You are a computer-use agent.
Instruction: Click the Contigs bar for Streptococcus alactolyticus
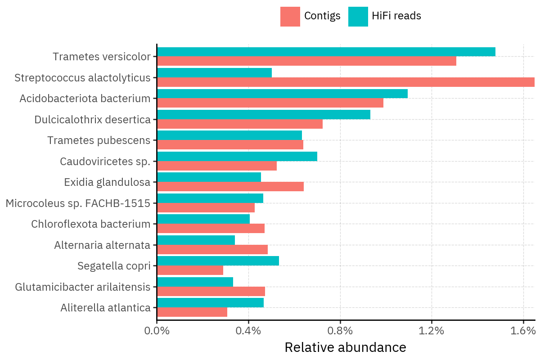pyautogui.click(x=346, y=82)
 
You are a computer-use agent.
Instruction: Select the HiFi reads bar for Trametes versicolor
pyautogui.click(x=326, y=52)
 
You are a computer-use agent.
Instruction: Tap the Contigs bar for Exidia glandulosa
pyautogui.click(x=230, y=187)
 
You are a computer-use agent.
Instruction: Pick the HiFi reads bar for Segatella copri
pyautogui.click(x=218, y=261)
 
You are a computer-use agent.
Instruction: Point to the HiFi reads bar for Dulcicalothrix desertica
pyautogui.click(x=264, y=114)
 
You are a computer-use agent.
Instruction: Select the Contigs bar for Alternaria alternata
pyautogui.click(x=212, y=250)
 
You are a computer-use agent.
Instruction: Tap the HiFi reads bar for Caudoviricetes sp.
pyautogui.click(x=237, y=156)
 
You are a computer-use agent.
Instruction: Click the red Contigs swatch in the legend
pyautogui.click(x=290, y=17)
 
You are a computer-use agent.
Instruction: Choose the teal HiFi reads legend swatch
pyautogui.click(x=358, y=17)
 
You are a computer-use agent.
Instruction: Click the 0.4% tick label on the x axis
pyautogui.click(x=248, y=331)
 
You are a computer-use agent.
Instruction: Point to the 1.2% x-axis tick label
pyautogui.click(x=432, y=331)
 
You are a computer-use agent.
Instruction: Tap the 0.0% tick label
pyautogui.click(x=157, y=331)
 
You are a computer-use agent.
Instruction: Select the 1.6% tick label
pyautogui.click(x=523, y=331)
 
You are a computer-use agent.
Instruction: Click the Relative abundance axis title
pyautogui.click(x=345, y=348)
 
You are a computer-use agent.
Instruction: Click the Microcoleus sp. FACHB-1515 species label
pyautogui.click(x=78, y=203)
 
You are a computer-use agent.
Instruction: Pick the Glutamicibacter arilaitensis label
pyautogui.click(x=82, y=287)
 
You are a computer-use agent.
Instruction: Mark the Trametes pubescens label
pyautogui.click(x=99, y=140)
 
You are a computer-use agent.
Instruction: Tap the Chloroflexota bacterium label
pyautogui.click(x=90, y=224)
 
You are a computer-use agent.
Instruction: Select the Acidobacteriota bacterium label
pyautogui.click(x=85, y=99)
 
